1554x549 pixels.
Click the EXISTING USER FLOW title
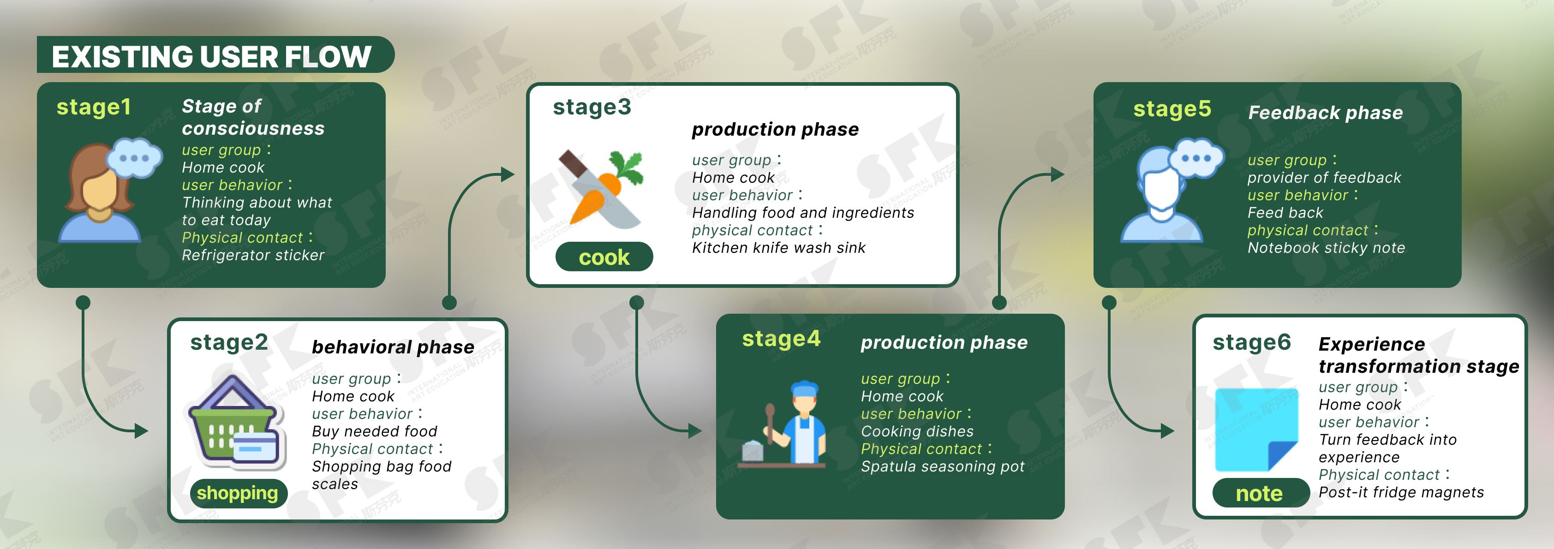(211, 57)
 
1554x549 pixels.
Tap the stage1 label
(94, 107)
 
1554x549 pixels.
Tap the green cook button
(604, 257)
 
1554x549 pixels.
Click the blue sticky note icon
(1256, 430)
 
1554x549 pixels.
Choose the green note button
(1260, 493)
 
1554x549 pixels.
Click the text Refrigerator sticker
(253, 255)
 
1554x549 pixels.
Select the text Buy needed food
(374, 431)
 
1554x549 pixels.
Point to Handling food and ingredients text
(803, 213)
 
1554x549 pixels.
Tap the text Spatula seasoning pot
(942, 467)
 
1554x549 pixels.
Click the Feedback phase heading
(1325, 113)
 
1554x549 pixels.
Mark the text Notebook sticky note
(1326, 248)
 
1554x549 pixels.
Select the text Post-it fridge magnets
(1401, 492)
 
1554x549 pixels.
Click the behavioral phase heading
(393, 347)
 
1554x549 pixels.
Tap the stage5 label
(1171, 109)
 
